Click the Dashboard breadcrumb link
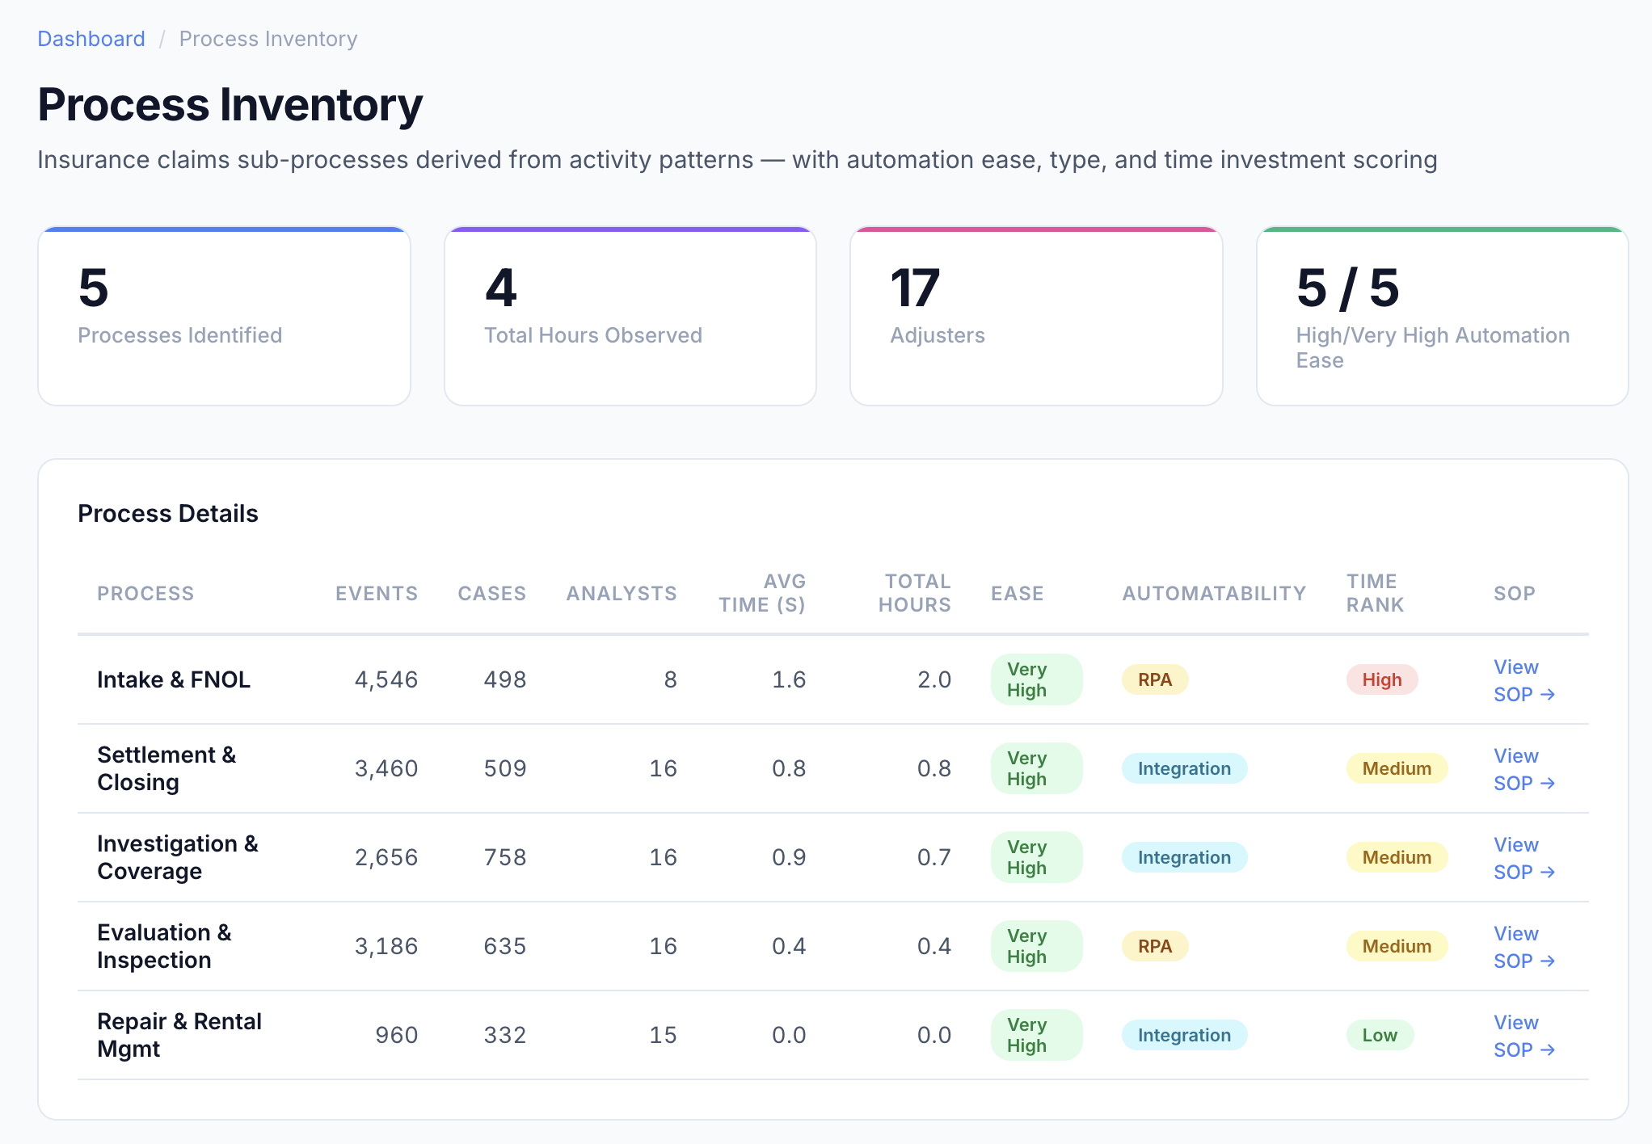[91, 39]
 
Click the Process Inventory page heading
[230, 105]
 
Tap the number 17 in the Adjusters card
[914, 288]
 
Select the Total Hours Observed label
[592, 335]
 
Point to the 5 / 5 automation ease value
[1347, 288]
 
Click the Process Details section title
[168, 514]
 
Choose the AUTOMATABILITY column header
[1214, 594]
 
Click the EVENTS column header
[377, 594]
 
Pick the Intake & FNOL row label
[174, 679]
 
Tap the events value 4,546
[386, 679]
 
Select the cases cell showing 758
[505, 857]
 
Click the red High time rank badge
[1381, 679]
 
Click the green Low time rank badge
[1379, 1035]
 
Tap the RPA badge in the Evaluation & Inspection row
[1154, 946]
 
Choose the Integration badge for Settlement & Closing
[1184, 768]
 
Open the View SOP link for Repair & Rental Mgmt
[1523, 1036]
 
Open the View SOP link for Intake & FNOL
[1523, 680]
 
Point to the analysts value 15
[663, 1035]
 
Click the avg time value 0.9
[788, 857]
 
